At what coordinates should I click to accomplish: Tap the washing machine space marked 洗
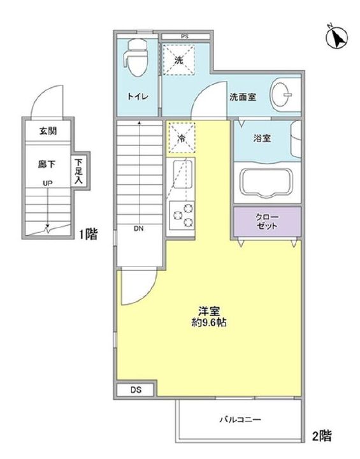pyautogui.click(x=178, y=60)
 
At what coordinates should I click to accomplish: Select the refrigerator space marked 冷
pyautogui.click(x=182, y=138)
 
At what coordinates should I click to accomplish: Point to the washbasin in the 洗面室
pyautogui.click(x=282, y=94)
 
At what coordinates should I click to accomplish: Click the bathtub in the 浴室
pyautogui.click(x=266, y=182)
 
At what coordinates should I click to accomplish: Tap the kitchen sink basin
pyautogui.click(x=183, y=175)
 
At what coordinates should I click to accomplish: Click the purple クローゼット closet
pyautogui.click(x=267, y=222)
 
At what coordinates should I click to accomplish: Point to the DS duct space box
pyautogui.click(x=135, y=390)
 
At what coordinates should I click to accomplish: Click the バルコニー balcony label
pyautogui.click(x=240, y=420)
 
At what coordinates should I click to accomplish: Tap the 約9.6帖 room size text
pyautogui.click(x=209, y=323)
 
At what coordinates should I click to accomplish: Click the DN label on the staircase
pyautogui.click(x=139, y=229)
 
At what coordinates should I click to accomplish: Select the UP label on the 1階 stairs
pyautogui.click(x=48, y=184)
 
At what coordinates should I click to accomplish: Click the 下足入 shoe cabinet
pyautogui.click(x=78, y=171)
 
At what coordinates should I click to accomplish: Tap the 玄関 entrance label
pyautogui.click(x=48, y=131)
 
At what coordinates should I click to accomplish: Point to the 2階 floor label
pyautogui.click(x=322, y=436)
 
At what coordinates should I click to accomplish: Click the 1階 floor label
pyautogui.click(x=88, y=234)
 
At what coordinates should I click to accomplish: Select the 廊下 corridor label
pyautogui.click(x=47, y=164)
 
